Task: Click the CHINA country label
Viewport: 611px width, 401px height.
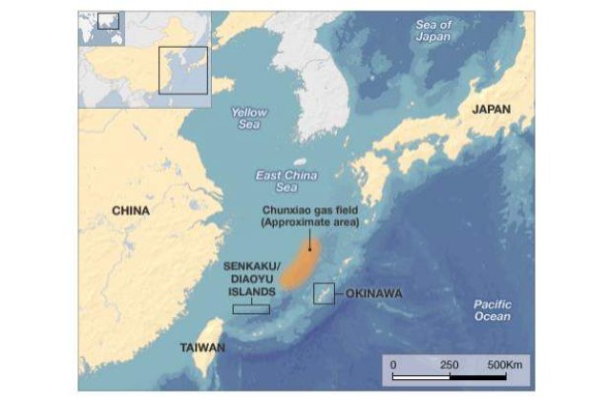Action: click(x=132, y=210)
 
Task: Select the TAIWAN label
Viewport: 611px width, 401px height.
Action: click(x=201, y=348)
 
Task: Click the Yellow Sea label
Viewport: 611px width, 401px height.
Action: click(x=249, y=118)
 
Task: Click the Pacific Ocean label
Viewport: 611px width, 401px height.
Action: click(x=492, y=310)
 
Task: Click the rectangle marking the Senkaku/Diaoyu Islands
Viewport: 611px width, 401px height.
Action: click(x=252, y=308)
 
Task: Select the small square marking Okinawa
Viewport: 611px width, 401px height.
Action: click(x=325, y=293)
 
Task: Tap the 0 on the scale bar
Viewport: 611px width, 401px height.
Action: click(x=392, y=365)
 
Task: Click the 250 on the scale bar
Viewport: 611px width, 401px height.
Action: click(x=449, y=365)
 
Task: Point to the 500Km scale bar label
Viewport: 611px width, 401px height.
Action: click(x=505, y=365)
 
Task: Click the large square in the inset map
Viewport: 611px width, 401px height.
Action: click(x=182, y=70)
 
